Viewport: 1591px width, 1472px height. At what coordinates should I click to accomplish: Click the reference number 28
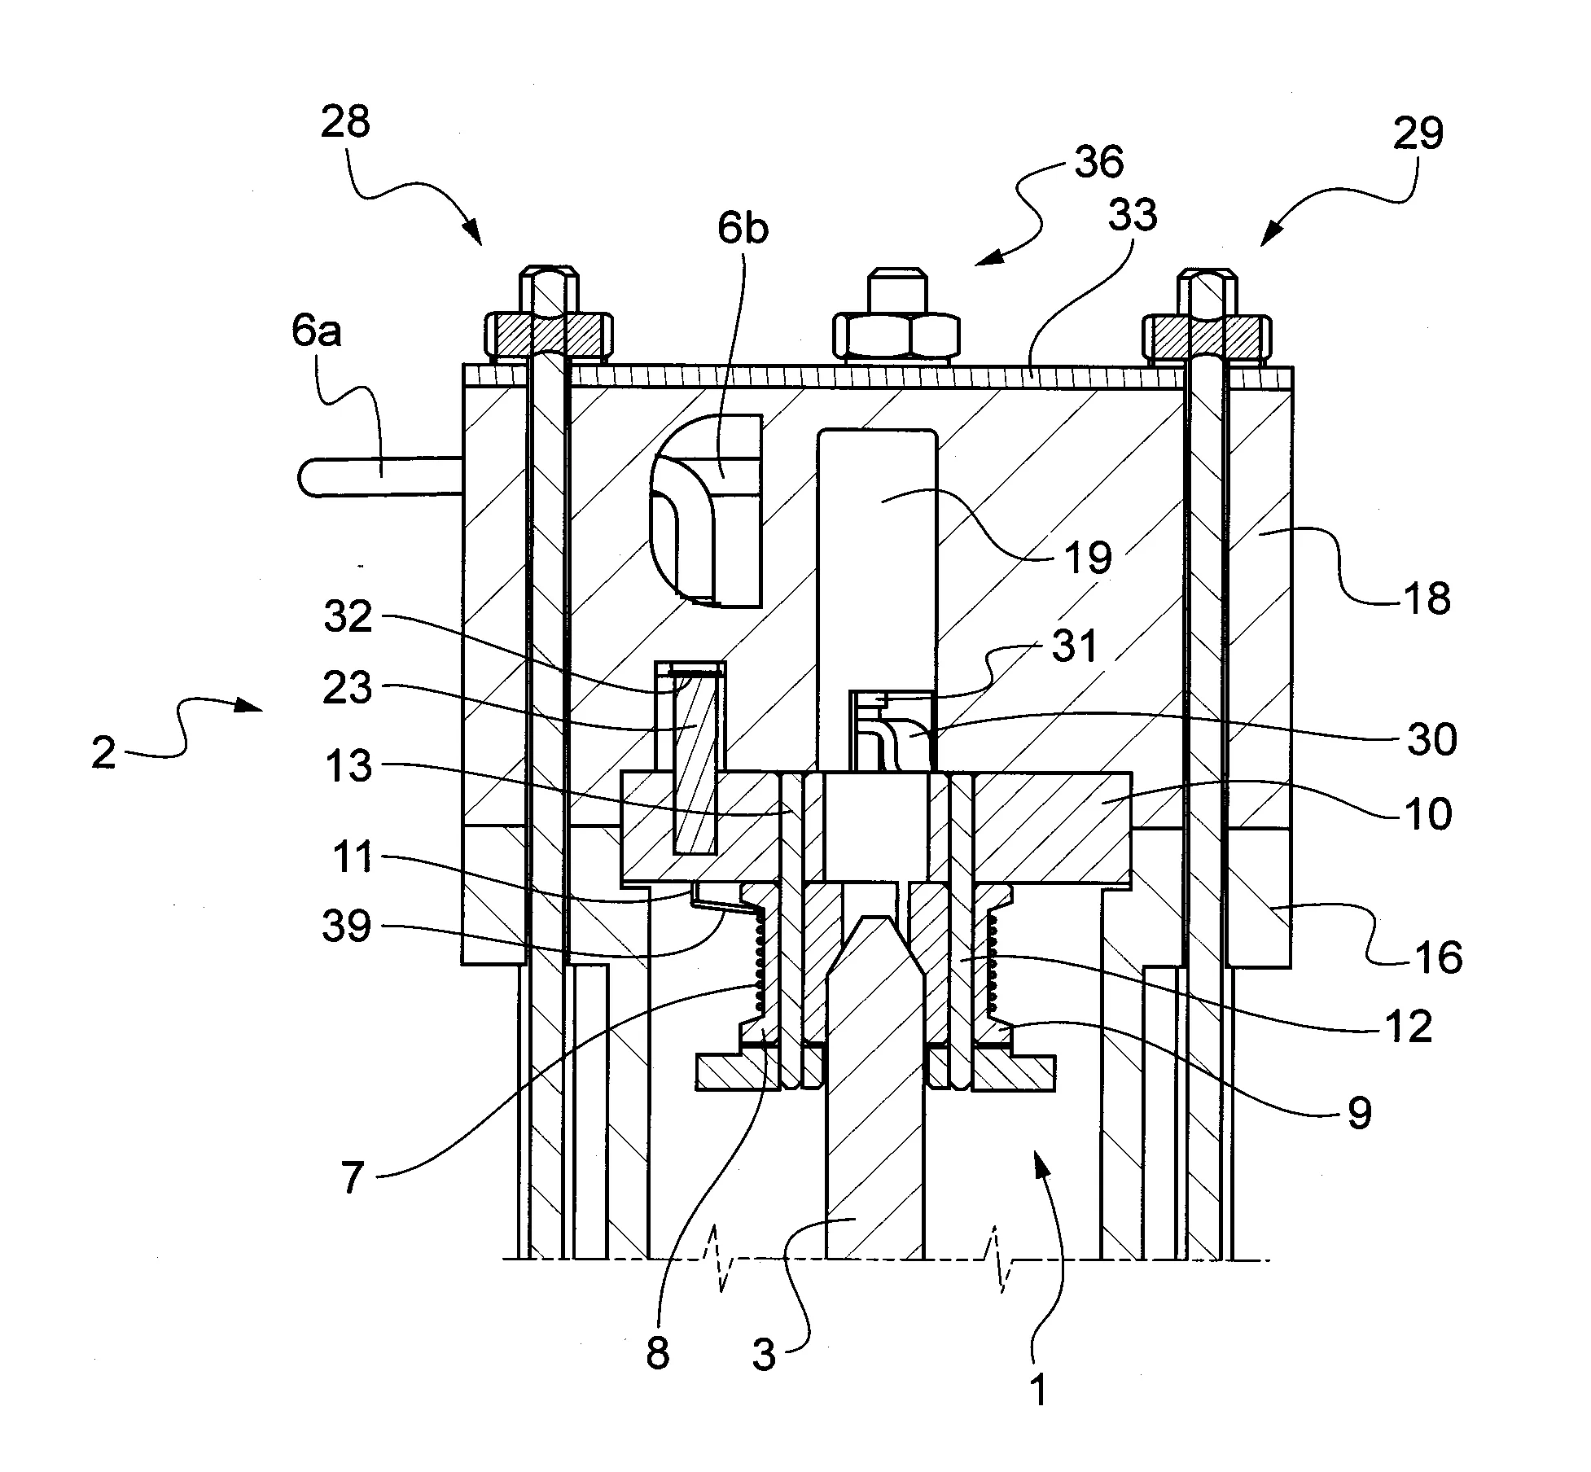[345, 123]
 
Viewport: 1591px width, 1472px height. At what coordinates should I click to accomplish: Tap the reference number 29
[1418, 133]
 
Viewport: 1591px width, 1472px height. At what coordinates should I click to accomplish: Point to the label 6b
[742, 230]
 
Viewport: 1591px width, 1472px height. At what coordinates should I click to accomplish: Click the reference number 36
[1098, 162]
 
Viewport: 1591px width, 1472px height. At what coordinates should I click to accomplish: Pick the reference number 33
[1133, 215]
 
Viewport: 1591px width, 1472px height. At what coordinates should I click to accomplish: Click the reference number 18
[1428, 598]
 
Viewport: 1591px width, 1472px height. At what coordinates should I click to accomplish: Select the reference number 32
[348, 616]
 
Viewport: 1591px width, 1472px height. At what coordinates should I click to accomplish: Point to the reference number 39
[348, 926]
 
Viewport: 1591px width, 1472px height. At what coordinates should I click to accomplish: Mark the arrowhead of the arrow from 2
[256, 709]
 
